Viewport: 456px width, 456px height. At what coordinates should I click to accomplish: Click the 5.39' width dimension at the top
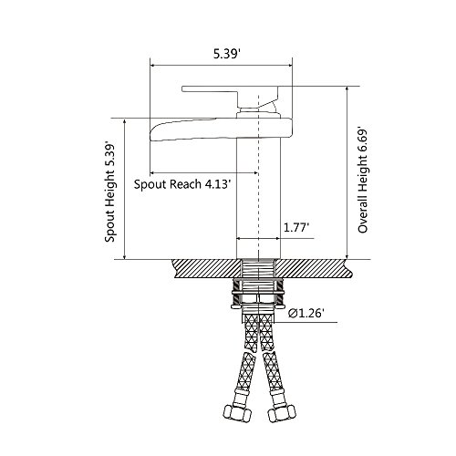tap(226, 54)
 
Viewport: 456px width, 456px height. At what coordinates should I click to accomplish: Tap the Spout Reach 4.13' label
tap(181, 184)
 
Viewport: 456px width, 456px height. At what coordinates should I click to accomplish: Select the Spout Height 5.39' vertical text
tap(109, 192)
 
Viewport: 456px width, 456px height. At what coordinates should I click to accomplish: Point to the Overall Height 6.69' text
tap(363, 180)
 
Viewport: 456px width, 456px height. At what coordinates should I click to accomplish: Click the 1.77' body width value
tap(296, 227)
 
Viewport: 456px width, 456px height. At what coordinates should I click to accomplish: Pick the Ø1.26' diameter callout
tap(305, 313)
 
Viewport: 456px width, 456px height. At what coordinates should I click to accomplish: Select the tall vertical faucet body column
tap(258, 198)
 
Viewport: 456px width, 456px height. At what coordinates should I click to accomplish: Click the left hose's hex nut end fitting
tap(237, 413)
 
